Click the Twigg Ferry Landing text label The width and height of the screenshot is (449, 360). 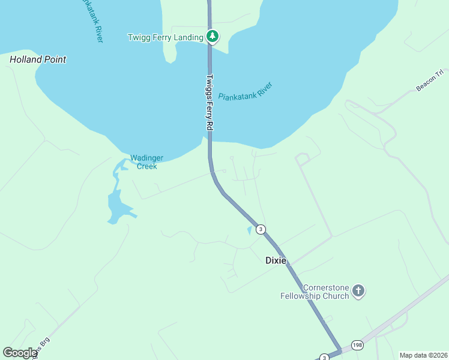(166, 37)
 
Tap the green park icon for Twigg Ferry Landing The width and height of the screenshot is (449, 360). (212, 37)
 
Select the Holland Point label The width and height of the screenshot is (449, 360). (38, 59)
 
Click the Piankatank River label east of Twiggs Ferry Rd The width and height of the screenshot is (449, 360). (246, 91)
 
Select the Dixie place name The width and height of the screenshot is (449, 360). (276, 260)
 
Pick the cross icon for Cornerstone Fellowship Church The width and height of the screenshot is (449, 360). (358, 291)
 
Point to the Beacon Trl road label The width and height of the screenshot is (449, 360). (429, 82)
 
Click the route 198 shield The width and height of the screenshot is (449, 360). (358, 344)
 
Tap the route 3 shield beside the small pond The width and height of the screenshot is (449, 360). (260, 229)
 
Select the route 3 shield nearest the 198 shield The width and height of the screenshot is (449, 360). (324, 356)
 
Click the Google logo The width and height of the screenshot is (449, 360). (20, 353)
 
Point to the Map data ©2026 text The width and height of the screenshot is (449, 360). (423, 355)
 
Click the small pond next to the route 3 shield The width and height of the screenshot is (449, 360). (250, 230)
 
